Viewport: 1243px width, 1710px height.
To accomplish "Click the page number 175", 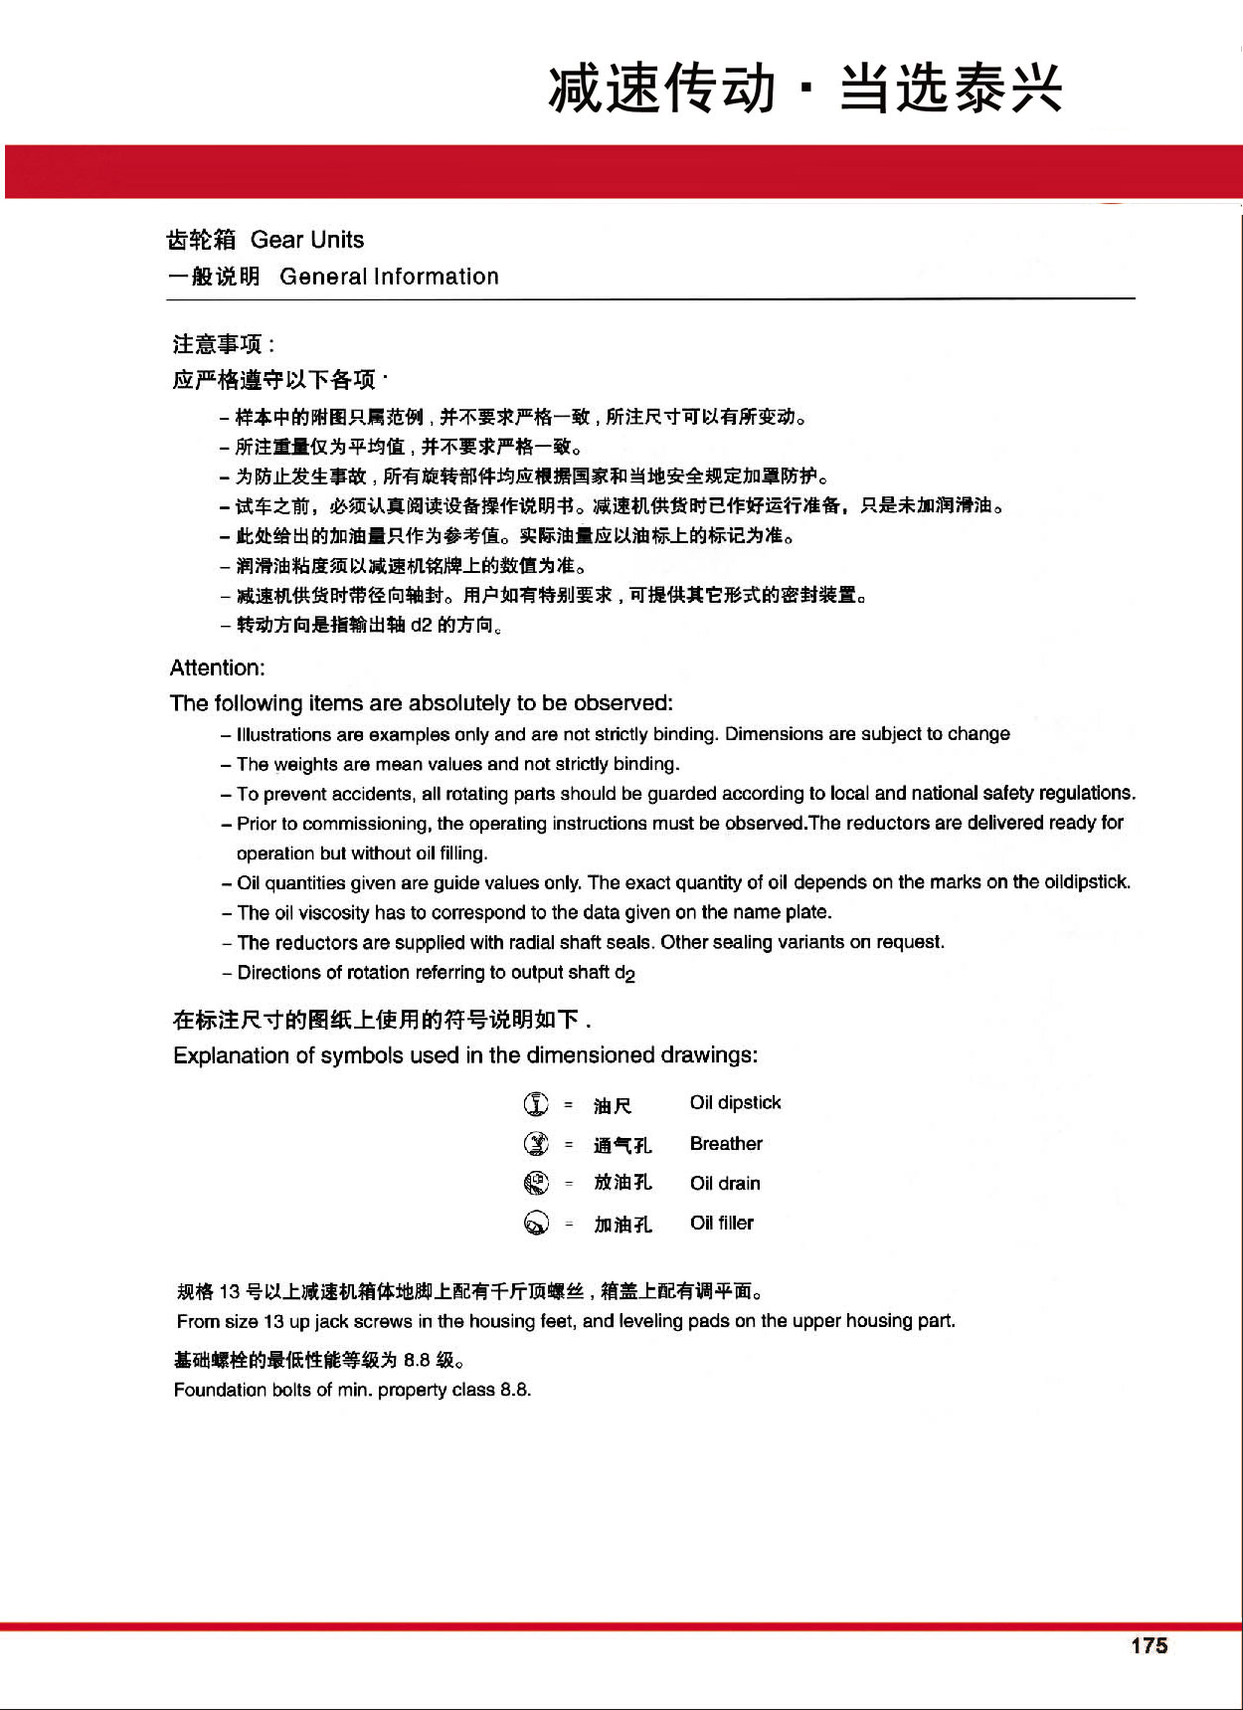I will click(1149, 1645).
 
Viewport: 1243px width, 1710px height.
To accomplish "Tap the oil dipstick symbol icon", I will click(536, 1104).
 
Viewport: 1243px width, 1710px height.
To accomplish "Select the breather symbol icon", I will click(536, 1144).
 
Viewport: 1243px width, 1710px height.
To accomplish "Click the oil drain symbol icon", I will click(536, 1183).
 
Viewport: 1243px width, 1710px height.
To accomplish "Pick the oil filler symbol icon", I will click(536, 1223).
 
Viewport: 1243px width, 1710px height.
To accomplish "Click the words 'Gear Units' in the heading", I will click(307, 240).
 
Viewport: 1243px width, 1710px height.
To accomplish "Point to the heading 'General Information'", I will click(389, 277).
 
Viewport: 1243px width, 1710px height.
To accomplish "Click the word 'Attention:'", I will click(218, 667).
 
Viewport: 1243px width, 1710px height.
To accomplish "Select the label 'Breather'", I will click(726, 1144).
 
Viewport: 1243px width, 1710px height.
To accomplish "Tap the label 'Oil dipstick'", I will click(735, 1103).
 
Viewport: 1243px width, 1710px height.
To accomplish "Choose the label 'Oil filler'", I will click(722, 1223).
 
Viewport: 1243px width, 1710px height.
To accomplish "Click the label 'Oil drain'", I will click(725, 1184).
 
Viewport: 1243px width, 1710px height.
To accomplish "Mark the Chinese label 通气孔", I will click(622, 1145).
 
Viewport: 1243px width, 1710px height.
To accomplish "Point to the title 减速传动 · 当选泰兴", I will click(805, 89).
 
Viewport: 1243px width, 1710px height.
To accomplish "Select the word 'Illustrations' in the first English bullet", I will click(283, 734).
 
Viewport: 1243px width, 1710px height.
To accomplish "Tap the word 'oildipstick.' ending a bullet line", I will click(1087, 882).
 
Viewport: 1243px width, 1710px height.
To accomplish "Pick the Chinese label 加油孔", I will click(622, 1225).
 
